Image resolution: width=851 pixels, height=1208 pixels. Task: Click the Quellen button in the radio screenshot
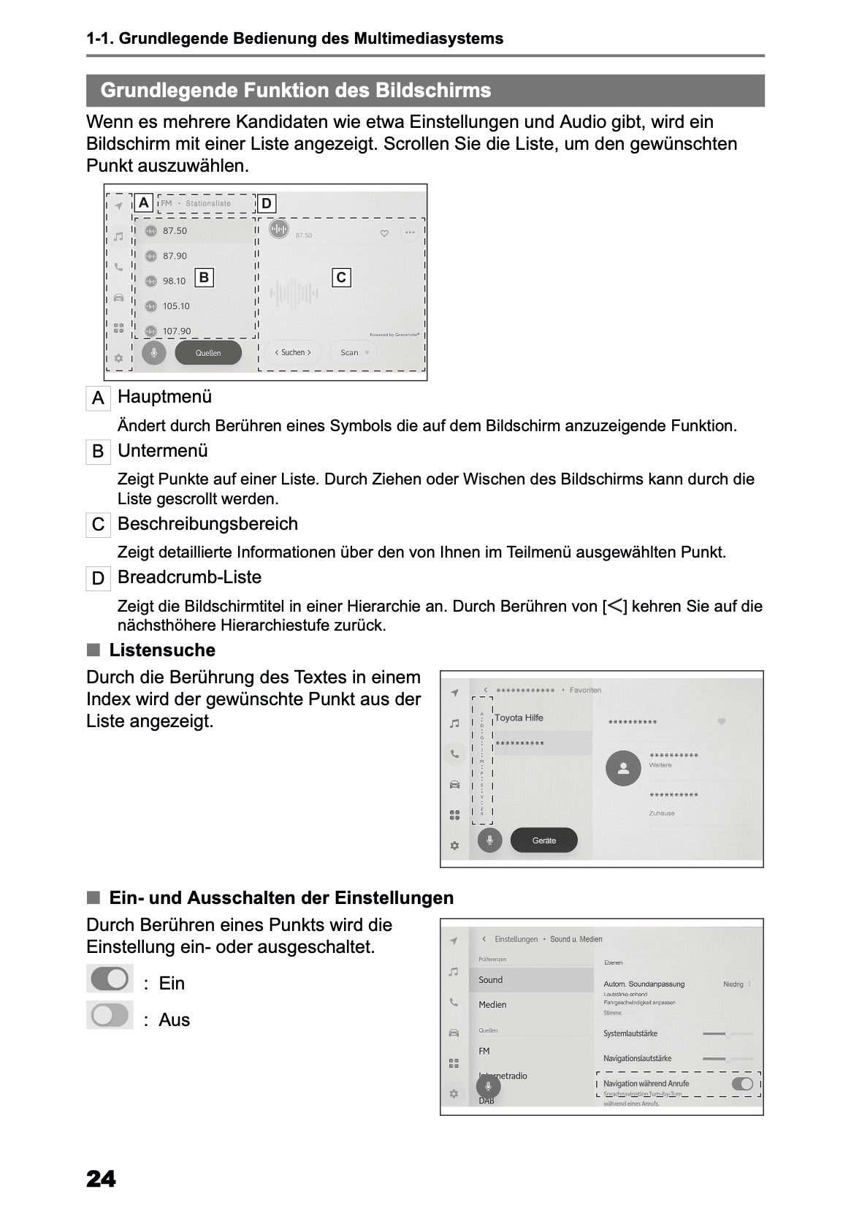pos(208,353)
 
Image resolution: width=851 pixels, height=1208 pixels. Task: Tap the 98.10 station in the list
pos(174,281)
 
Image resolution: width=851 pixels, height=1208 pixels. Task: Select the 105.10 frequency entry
pos(175,306)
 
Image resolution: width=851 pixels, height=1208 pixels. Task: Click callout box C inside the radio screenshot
pos(341,278)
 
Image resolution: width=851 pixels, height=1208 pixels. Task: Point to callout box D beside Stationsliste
pos(267,204)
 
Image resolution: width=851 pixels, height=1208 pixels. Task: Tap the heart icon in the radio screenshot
pos(384,234)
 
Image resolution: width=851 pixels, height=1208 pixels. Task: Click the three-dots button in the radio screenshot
pos(409,233)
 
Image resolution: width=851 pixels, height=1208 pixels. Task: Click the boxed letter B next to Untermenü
pos(98,452)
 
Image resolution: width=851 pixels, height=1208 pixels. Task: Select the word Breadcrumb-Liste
pos(189,577)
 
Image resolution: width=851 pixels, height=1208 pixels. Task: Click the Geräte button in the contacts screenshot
pos(543,840)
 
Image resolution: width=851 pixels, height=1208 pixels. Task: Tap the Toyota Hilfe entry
pos(519,718)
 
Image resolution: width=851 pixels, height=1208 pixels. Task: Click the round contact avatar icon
pos(623,768)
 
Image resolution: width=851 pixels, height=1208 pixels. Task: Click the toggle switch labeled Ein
pos(110,979)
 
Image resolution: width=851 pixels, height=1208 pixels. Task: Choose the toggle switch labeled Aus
pos(110,1015)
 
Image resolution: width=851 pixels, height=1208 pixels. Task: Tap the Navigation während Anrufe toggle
pos(742,1083)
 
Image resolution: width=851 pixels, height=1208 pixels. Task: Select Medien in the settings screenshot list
pos(492,1005)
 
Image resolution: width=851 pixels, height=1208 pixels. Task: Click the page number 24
pos(101,1179)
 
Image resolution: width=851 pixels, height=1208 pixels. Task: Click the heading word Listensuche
pos(162,650)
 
